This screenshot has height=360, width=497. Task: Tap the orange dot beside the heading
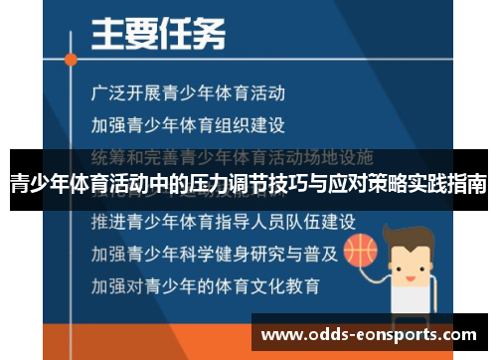click(x=71, y=58)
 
